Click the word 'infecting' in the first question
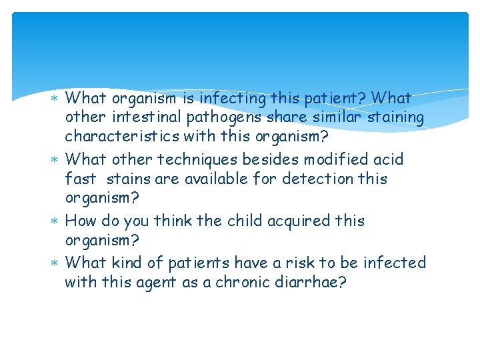coord(232,99)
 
